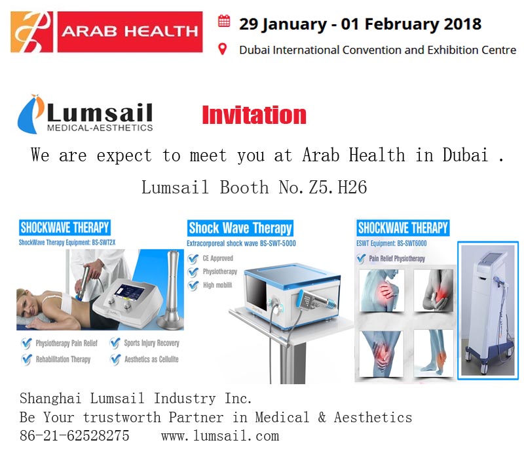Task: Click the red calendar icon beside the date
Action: (x=224, y=21)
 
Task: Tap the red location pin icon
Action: (x=222, y=49)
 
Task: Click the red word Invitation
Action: (x=254, y=115)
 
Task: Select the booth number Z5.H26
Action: (x=337, y=187)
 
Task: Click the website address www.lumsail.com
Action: (x=220, y=436)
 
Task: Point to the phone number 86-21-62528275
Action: (x=75, y=435)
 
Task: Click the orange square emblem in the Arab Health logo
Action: (x=31, y=32)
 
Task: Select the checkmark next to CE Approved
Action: (x=193, y=258)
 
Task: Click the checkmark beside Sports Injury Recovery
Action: (x=115, y=343)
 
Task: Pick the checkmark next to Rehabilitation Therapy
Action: (x=26, y=359)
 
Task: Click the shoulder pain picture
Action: (x=381, y=290)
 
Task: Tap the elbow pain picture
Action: (x=433, y=290)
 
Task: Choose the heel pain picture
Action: (x=433, y=353)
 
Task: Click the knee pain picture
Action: (x=381, y=353)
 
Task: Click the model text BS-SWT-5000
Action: (x=278, y=243)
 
